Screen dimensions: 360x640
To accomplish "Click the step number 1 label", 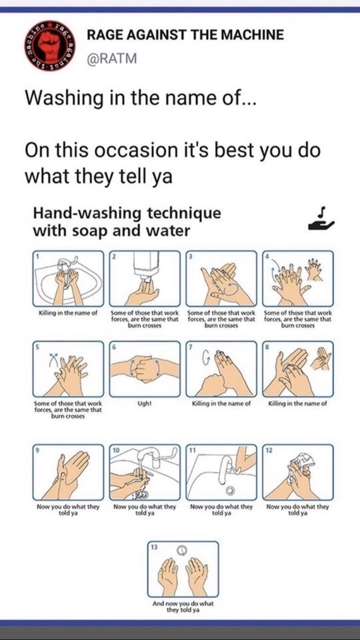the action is click(36, 256).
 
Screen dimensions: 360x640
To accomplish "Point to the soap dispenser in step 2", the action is click(145, 266).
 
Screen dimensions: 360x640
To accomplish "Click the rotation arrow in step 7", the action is click(207, 359).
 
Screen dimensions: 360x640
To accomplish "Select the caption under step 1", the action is click(67, 313).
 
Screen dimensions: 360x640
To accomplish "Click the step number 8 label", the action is click(267, 346).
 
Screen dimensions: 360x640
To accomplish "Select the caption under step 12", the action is click(297, 510).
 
